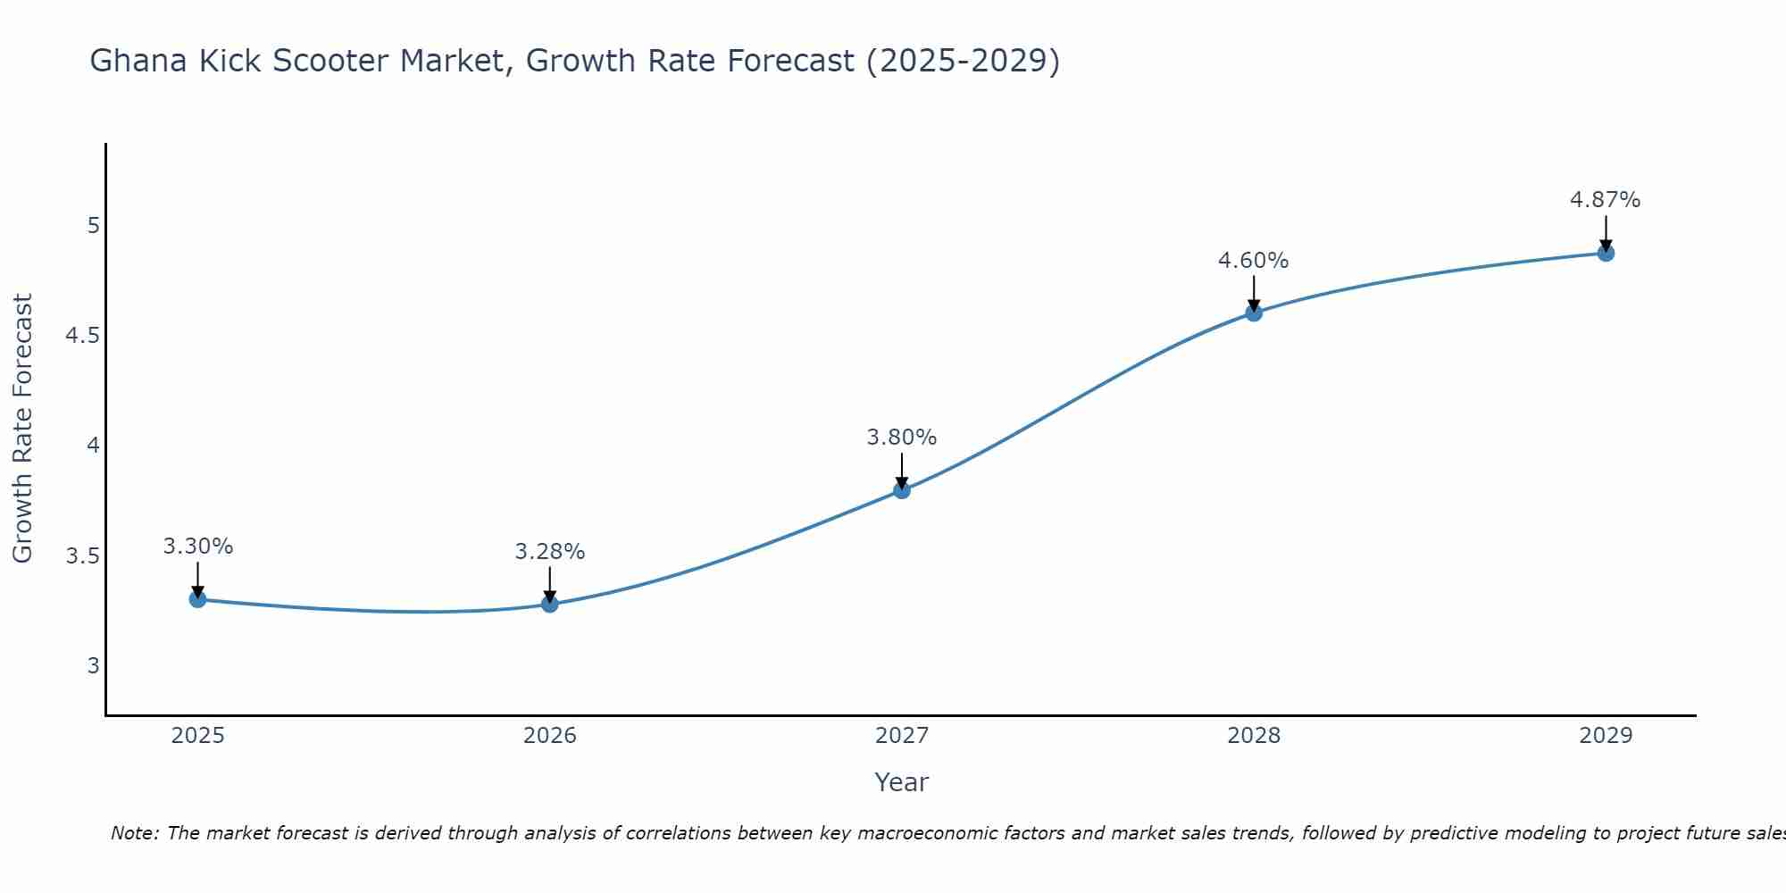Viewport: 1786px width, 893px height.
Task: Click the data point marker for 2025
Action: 198,599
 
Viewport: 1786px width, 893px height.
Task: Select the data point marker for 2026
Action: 550,605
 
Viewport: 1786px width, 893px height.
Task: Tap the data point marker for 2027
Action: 902,490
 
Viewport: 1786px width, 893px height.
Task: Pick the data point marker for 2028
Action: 1254,313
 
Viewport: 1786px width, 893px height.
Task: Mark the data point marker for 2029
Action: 1606,254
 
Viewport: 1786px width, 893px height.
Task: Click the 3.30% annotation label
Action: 198,547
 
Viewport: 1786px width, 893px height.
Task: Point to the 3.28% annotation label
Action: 550,552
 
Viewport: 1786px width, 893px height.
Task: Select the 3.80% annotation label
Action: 902,438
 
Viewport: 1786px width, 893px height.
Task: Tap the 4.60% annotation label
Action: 1254,261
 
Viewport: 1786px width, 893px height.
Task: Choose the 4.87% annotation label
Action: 1606,200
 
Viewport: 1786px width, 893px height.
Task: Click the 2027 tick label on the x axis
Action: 902,736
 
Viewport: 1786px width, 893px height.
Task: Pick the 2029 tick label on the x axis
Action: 1606,736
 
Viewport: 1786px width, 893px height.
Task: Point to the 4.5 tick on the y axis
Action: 82,336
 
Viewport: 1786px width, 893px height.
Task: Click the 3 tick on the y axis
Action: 94,666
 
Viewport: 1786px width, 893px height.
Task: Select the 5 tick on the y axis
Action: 94,226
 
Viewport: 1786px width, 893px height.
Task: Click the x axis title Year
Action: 902,782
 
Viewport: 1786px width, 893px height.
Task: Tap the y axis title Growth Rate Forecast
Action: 22,429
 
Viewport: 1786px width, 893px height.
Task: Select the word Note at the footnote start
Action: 134,834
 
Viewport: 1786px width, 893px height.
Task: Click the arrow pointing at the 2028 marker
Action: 1254,293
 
